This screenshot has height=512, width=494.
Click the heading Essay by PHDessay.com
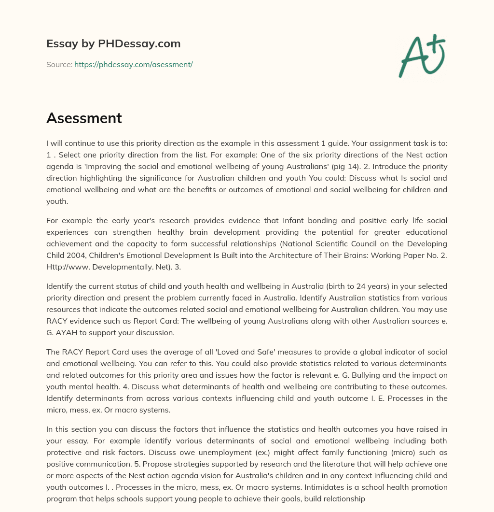pos(113,43)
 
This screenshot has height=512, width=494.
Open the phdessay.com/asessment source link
pos(134,64)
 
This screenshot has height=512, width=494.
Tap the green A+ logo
pos(422,56)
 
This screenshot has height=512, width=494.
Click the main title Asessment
pos(84,118)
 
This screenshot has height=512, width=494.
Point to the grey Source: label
pos(59,64)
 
